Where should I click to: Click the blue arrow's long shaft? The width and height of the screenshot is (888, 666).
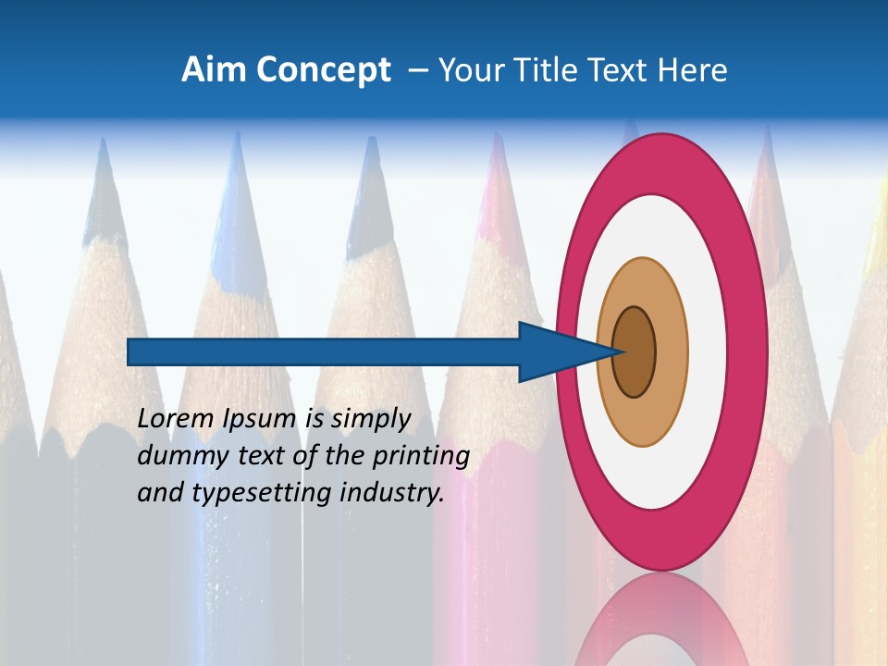(324, 352)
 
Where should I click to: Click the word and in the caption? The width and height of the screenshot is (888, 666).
(161, 492)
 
